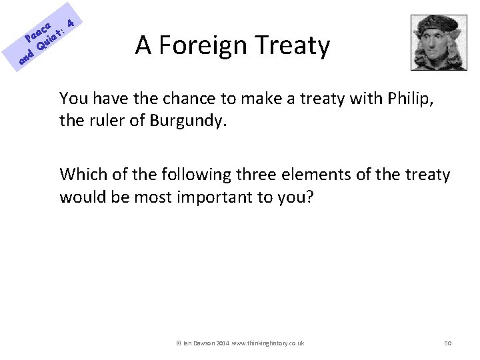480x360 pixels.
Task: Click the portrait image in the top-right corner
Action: point(438,42)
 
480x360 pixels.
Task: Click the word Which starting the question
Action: point(81,175)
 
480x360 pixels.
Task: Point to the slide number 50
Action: point(448,343)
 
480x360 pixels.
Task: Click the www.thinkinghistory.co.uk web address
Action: point(269,343)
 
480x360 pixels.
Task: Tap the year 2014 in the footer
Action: point(221,343)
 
